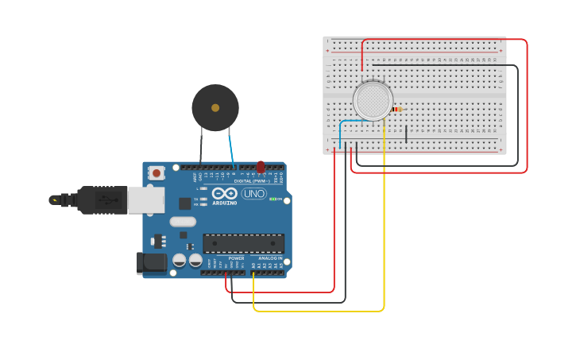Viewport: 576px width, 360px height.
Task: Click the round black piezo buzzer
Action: pyautogui.click(x=215, y=107)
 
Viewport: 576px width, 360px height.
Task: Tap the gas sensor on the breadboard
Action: pyautogui.click(x=372, y=101)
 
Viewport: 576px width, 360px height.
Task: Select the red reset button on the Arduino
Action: pyautogui.click(x=157, y=172)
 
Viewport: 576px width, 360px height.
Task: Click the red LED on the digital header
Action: pyautogui.click(x=260, y=167)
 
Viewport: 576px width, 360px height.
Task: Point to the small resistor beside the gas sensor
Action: pyautogui.click(x=397, y=109)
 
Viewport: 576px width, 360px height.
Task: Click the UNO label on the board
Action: pyautogui.click(x=253, y=193)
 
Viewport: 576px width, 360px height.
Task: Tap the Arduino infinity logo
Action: pyautogui.click(x=224, y=193)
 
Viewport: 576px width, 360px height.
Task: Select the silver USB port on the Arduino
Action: pyautogui.click(x=146, y=199)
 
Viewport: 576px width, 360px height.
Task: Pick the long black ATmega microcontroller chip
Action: pyautogui.click(x=243, y=243)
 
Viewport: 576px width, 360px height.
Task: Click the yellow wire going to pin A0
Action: pyautogui.click(x=384, y=238)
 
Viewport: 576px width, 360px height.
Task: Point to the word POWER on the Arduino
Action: pyautogui.click(x=236, y=258)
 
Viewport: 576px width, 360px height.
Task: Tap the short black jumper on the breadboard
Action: pyautogui.click(x=406, y=134)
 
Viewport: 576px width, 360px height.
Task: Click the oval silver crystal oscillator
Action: pyautogui.click(x=182, y=223)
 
